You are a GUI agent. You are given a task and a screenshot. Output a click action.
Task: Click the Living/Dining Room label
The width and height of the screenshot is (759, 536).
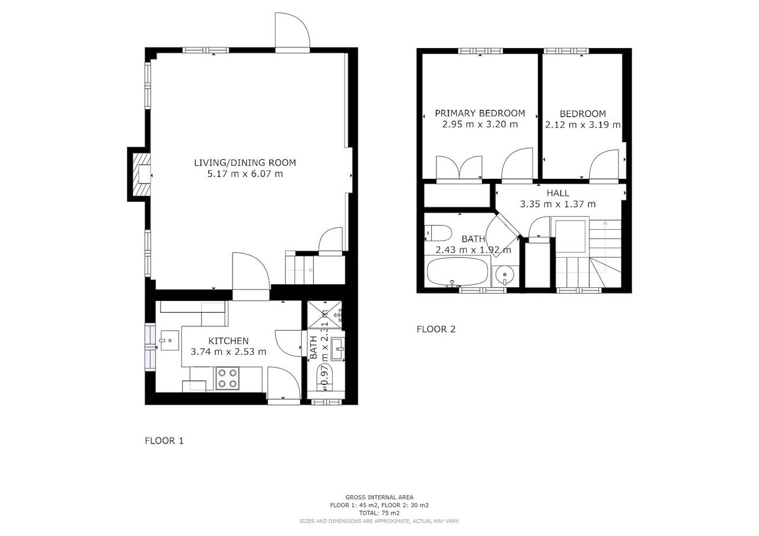click(x=245, y=163)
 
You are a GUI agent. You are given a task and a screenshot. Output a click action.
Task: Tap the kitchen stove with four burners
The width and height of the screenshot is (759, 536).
click(x=227, y=378)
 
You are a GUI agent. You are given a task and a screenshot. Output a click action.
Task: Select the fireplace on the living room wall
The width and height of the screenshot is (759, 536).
click(x=142, y=175)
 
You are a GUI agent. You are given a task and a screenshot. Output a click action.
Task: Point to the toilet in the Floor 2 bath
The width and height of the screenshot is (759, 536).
click(x=438, y=233)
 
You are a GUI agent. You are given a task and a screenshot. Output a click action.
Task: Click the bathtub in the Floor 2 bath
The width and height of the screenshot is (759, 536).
click(x=457, y=272)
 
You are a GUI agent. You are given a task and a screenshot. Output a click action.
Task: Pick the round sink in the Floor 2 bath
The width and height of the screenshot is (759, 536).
click(x=505, y=275)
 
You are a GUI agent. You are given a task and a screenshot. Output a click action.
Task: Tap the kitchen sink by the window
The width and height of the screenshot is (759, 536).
click(x=170, y=340)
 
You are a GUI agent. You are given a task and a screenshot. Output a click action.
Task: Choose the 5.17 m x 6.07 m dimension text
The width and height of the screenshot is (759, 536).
click(x=245, y=174)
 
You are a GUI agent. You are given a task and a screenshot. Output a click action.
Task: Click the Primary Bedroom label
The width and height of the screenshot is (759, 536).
click(x=480, y=113)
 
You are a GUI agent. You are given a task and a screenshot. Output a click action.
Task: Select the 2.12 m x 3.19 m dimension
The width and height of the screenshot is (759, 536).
click(x=582, y=125)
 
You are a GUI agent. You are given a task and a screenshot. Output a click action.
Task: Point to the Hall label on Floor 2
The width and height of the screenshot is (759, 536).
click(x=558, y=193)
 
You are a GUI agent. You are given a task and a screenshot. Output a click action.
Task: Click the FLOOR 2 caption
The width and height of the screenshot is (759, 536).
click(x=436, y=329)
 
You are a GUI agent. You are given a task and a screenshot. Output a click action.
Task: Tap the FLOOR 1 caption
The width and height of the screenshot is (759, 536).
click(x=164, y=441)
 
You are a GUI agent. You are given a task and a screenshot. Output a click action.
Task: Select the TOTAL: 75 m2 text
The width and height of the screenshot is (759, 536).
click(x=379, y=513)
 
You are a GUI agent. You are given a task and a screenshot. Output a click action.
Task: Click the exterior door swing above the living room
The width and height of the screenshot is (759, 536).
click(x=292, y=32)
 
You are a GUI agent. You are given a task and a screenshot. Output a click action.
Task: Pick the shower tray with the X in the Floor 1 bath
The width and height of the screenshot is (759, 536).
click(x=324, y=314)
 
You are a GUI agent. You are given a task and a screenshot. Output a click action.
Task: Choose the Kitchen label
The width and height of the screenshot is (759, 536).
click(x=228, y=341)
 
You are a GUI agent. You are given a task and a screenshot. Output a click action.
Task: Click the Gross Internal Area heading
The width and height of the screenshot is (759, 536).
click(x=379, y=498)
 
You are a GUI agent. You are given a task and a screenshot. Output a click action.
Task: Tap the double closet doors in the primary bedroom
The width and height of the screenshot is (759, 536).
click(x=459, y=168)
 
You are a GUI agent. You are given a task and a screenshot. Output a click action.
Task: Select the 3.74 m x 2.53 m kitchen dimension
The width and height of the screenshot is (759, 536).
click(x=228, y=352)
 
